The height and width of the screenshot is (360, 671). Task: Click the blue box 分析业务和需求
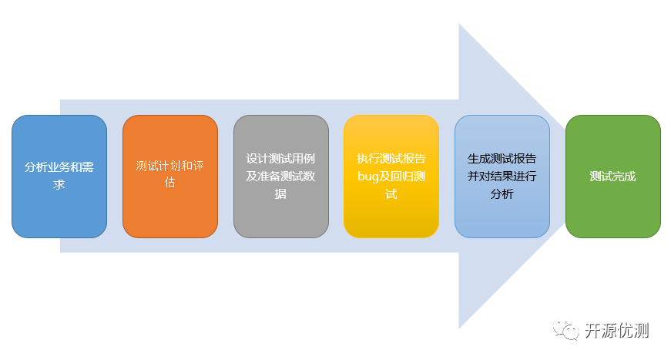coord(59,177)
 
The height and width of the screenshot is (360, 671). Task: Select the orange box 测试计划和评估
coord(170,177)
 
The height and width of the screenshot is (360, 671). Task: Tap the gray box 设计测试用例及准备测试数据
coord(281,177)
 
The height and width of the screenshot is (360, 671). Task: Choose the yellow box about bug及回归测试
coord(391,177)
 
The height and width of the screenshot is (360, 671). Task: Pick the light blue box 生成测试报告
coord(502,177)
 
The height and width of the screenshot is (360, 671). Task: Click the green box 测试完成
coord(613,177)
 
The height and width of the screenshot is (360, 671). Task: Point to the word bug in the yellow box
coord(368,177)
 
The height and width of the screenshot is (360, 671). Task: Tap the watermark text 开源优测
coord(616,331)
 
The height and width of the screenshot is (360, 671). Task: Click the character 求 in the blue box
coord(59,185)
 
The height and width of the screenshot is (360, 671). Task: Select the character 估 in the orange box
coord(170,183)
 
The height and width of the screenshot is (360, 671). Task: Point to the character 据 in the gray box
coord(280,194)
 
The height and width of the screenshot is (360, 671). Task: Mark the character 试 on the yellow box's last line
coord(391,194)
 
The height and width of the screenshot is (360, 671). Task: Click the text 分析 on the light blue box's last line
coord(502,194)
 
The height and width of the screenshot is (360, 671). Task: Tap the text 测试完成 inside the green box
coord(612,177)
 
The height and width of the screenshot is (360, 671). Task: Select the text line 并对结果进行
coord(502,177)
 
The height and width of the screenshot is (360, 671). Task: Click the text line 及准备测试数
coord(280,177)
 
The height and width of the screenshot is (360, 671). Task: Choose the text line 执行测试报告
coord(391,159)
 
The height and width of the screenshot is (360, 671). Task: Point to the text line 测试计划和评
coord(170,166)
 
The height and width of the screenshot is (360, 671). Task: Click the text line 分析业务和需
coord(59,167)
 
